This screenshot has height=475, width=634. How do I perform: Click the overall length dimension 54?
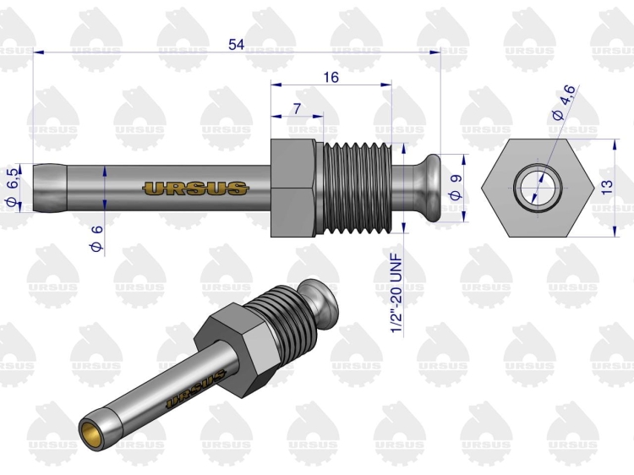tap(236, 44)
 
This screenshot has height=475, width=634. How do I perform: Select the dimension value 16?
tap(331, 77)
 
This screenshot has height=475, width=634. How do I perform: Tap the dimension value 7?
tap(298, 108)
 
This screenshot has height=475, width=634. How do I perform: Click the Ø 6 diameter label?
tap(97, 239)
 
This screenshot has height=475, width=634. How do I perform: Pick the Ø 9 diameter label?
tap(456, 187)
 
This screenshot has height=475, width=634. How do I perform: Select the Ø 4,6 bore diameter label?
tap(563, 102)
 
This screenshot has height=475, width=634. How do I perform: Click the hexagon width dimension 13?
tap(607, 187)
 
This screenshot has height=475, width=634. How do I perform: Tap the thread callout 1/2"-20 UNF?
tap(396, 293)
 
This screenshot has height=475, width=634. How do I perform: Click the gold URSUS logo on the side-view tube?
tap(196, 188)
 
